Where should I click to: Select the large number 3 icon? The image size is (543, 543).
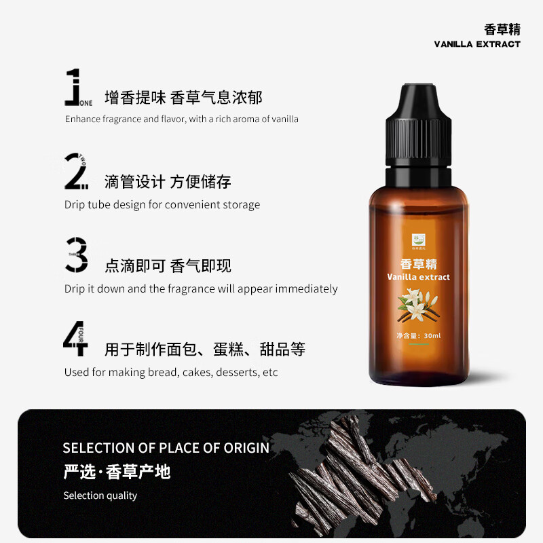coord(77,255)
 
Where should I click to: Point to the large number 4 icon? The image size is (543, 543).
coord(75,339)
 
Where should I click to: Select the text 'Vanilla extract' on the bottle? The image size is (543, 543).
coord(418,277)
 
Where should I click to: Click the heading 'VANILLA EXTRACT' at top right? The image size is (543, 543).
coord(477,44)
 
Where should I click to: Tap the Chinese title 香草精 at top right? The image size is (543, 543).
coord(502,29)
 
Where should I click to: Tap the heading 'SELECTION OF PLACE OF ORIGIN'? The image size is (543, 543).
coord(166,448)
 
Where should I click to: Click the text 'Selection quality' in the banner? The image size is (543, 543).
coord(100,495)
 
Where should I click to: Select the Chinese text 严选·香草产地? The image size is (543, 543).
coord(116,471)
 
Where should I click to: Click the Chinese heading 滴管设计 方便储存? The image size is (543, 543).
coord(168,182)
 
